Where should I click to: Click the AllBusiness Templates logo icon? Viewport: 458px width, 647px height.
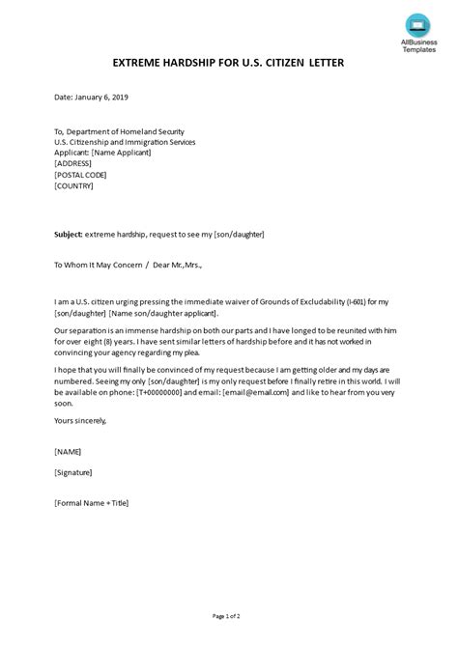[417, 23]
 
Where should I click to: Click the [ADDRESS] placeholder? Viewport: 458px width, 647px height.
[75, 163]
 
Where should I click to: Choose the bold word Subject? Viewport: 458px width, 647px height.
[70, 234]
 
